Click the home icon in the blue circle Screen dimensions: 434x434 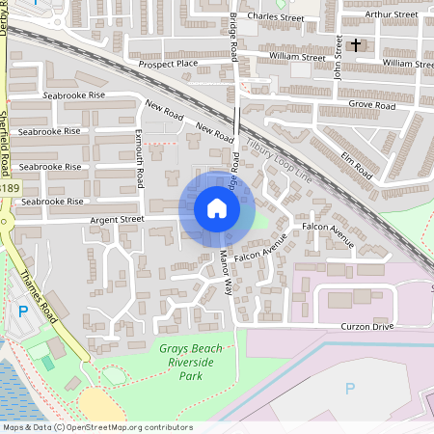217,208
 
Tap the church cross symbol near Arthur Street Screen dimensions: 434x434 355,44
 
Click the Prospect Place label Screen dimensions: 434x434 167,64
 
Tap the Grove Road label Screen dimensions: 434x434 372,104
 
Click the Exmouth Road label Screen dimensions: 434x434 139,158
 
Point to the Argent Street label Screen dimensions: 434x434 117,220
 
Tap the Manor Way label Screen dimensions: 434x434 227,272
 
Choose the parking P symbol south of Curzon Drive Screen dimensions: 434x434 350,388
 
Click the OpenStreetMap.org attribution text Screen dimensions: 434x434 126,426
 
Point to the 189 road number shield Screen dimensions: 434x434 8,188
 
